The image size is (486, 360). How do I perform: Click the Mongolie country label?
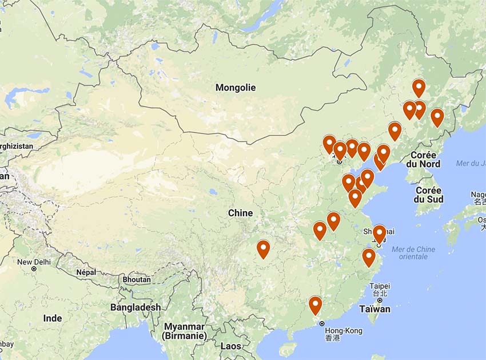tap(235, 88)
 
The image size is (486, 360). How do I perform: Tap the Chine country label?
tap(240, 213)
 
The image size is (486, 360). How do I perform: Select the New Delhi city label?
tap(34, 262)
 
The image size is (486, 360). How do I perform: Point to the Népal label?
tap(86, 272)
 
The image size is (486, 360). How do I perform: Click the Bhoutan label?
tap(137, 279)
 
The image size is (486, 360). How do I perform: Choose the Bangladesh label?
tap(136, 307)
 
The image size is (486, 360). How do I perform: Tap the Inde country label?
tap(53, 318)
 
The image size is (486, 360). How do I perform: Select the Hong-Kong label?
tap(343, 330)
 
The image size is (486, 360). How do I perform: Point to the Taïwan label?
tap(376, 309)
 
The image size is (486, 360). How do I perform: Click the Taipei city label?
tap(380, 286)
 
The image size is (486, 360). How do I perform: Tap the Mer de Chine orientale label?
tap(413, 252)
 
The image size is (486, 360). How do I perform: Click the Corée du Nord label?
tap(423, 159)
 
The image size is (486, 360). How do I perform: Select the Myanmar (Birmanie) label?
tap(184, 331)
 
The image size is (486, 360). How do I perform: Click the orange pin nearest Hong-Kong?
tap(315, 306)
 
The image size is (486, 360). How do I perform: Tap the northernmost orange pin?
tap(419, 88)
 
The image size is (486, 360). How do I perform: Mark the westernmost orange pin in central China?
tap(263, 249)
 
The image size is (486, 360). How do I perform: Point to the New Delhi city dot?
tap(34, 268)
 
